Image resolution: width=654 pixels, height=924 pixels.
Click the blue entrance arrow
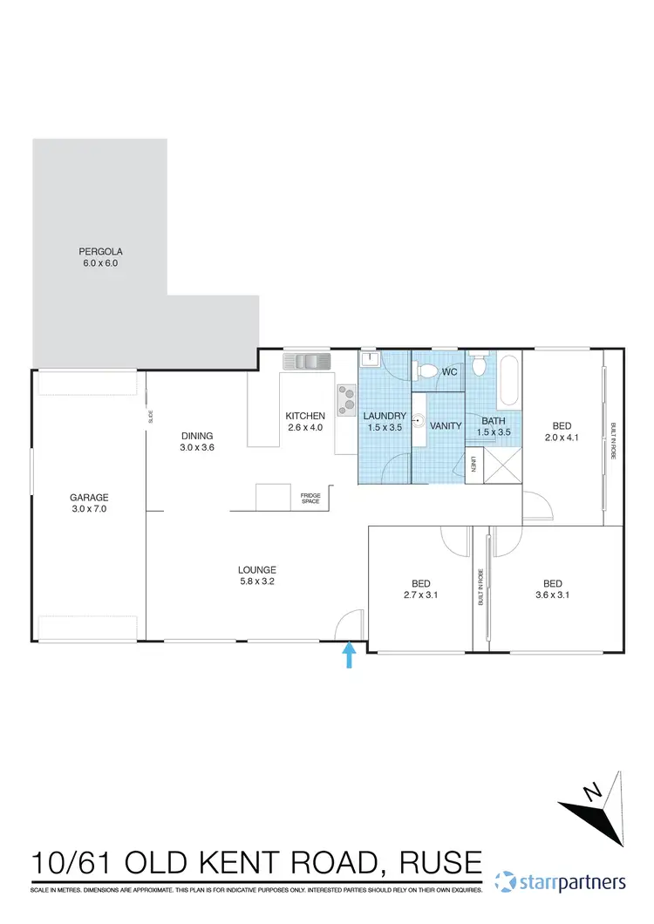(350, 655)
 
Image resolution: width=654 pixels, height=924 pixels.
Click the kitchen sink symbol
(304, 360)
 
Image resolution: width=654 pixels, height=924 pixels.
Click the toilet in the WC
(426, 371)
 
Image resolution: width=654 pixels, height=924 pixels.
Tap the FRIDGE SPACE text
(311, 497)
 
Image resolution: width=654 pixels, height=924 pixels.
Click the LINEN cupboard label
(474, 466)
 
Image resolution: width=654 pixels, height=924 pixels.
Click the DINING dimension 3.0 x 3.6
(197, 447)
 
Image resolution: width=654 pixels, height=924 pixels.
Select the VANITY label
(446, 425)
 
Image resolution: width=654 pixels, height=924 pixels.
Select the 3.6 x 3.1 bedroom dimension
(552, 595)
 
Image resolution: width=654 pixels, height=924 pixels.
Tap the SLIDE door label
(151, 416)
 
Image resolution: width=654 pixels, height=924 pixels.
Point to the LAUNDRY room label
(385, 416)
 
